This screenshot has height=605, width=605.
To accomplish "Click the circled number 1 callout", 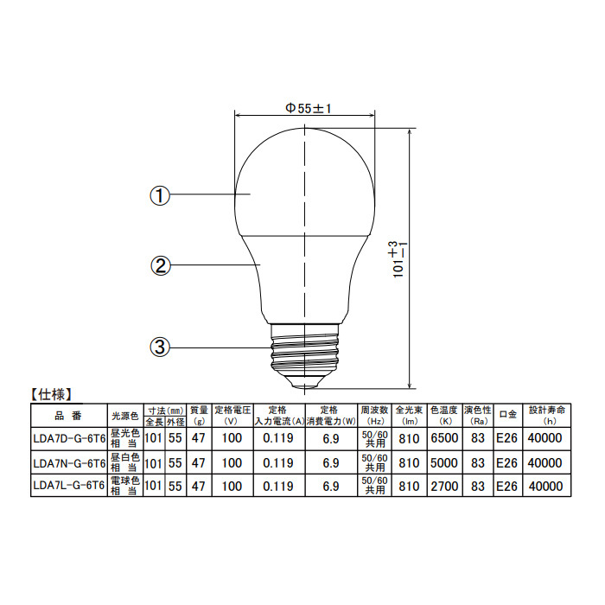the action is (159, 195).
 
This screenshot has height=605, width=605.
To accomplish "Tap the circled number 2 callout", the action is (160, 266).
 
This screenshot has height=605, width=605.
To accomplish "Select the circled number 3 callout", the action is (159, 347).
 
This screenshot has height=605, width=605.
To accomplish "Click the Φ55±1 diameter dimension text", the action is (309, 108).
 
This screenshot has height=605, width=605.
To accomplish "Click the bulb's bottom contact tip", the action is (305, 385).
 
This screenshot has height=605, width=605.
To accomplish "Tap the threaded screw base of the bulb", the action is (305, 349).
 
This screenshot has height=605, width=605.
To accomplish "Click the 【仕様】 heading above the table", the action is (50, 395).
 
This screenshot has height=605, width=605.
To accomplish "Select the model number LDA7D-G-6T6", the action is (69, 439).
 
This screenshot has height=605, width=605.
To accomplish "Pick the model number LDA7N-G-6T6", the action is (69, 463).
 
